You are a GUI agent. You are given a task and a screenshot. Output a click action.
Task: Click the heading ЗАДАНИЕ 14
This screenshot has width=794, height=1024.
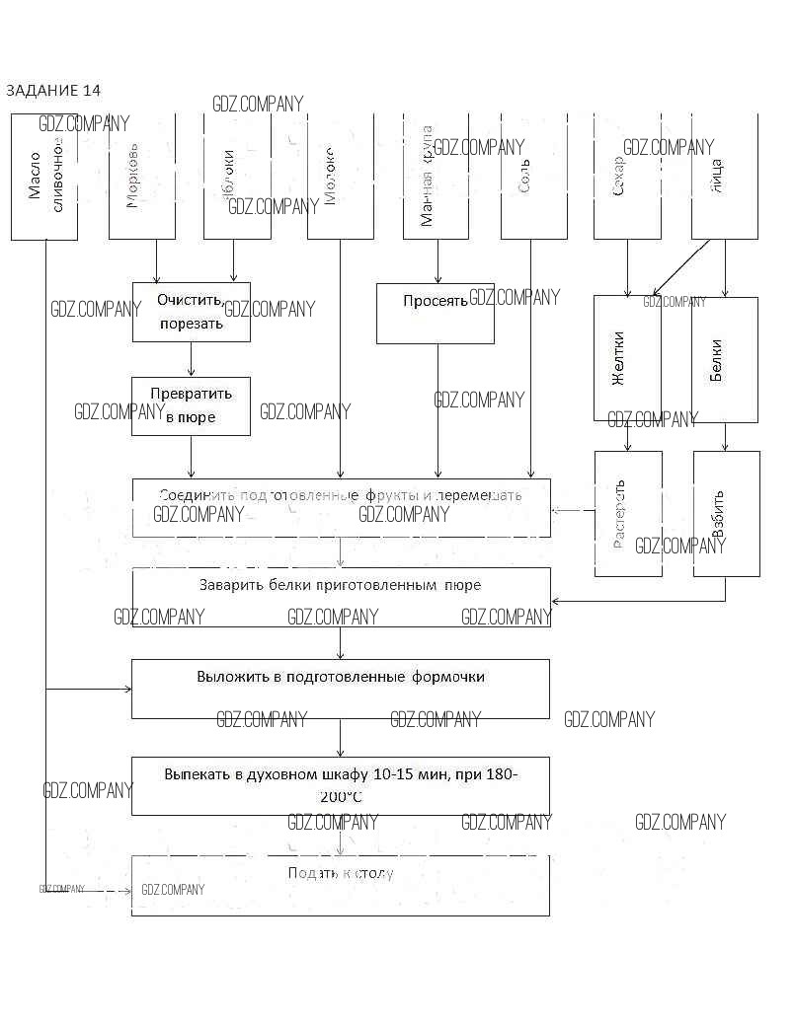53,91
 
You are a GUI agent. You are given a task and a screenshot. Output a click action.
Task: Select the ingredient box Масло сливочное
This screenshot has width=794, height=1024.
44,177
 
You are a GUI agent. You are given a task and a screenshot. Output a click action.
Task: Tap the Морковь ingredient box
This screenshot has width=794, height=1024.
141,177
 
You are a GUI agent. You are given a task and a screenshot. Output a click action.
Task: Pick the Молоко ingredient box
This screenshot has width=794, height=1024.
340,177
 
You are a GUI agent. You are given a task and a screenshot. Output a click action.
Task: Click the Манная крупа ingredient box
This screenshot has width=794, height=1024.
436,177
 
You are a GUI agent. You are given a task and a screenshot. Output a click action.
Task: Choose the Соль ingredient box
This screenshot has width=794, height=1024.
533,177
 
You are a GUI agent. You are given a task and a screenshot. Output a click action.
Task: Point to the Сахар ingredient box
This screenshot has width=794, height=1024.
627,177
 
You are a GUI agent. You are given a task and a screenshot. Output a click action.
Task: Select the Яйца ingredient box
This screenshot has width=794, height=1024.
724,177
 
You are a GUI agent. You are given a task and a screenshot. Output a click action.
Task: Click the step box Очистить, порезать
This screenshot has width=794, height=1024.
192,312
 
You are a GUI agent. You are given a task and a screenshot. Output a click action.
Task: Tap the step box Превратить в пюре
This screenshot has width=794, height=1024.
192,405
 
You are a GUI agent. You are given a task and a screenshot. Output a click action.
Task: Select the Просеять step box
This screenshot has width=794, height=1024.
435,314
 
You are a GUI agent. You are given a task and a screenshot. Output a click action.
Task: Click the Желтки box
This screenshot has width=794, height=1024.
627,359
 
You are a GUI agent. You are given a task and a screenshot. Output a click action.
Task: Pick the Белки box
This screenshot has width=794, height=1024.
724,359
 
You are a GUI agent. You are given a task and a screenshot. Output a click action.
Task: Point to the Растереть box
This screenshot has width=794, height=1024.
628,513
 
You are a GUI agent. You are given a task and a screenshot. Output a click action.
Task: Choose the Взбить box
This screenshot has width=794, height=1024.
726,513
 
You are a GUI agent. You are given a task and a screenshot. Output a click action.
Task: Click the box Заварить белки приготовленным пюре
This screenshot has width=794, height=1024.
341,597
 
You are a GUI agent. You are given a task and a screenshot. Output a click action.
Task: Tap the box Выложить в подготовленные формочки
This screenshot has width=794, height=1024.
341,689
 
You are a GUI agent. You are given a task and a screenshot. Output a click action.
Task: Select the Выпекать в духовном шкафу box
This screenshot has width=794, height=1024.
341,785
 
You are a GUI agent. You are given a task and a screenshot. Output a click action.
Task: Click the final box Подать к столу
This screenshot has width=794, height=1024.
341,885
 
